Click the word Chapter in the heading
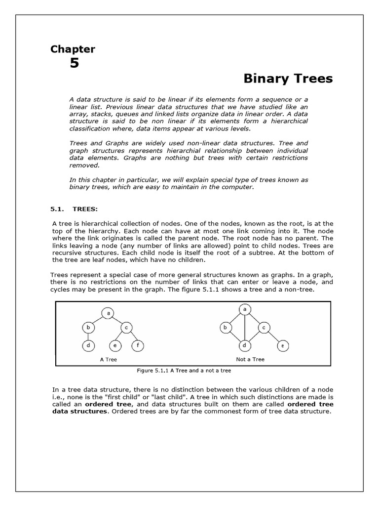(x=73, y=49)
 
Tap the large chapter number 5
(x=74, y=63)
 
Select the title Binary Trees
(x=288, y=79)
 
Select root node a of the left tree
(x=108, y=312)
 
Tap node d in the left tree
(x=88, y=346)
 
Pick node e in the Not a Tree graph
(x=282, y=345)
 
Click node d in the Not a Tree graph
(x=244, y=345)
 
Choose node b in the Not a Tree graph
(x=225, y=327)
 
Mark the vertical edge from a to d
(x=244, y=327)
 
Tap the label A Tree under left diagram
(x=108, y=359)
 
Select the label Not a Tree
(x=250, y=359)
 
